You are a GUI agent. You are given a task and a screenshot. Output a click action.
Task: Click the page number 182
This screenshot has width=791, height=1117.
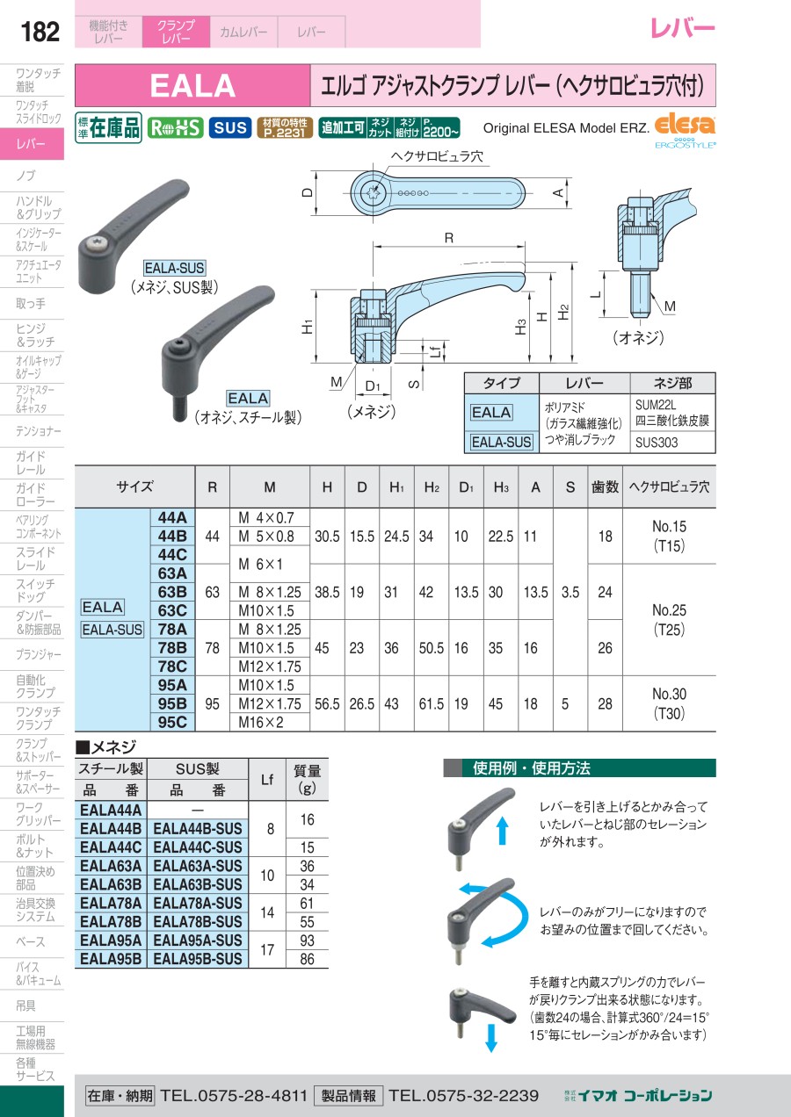[x=40, y=32]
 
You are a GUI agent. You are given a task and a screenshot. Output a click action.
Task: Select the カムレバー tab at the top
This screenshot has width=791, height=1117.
[x=243, y=32]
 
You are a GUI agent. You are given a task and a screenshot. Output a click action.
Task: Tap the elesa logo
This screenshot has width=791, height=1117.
[x=685, y=125]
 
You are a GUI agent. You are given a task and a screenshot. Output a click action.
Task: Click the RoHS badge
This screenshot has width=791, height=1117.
[x=175, y=127]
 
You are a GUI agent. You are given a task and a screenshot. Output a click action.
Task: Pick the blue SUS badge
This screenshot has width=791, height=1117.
[x=230, y=127]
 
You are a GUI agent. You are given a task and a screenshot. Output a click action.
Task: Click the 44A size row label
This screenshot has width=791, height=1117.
[x=172, y=517]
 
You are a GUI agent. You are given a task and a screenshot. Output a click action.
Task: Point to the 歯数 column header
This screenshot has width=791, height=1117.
[x=605, y=486]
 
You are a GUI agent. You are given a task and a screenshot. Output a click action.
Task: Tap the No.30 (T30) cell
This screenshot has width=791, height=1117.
[x=669, y=703]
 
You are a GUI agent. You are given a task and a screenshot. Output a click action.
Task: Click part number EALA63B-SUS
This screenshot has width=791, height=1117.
[x=198, y=884]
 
